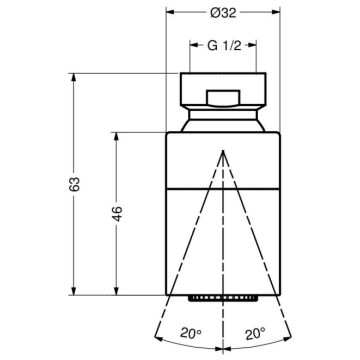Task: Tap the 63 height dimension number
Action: (x=61, y=184)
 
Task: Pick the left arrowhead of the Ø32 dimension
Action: (x=167, y=13)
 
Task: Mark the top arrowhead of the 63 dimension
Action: (x=75, y=75)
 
